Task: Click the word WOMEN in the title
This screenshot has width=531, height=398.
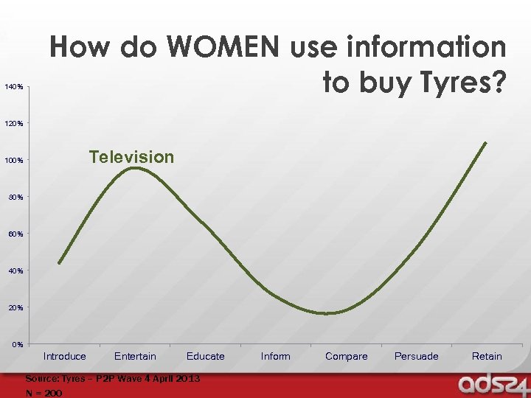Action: coord(223,48)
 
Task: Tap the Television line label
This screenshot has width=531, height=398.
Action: coord(131,157)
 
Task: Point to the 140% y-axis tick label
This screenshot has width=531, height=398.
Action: coord(15,88)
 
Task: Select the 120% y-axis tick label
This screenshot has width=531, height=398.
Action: coord(15,124)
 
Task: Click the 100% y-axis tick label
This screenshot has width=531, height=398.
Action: coord(15,161)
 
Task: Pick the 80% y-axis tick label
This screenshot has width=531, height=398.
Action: coord(16,198)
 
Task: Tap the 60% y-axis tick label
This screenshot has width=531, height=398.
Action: coord(16,234)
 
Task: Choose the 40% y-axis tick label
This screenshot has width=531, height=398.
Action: coord(16,271)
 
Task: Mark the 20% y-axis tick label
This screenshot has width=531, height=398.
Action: coord(16,307)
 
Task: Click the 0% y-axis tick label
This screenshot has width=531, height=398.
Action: coord(18,344)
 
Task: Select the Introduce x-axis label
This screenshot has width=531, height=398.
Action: coord(65,357)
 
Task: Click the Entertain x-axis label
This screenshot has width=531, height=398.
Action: coord(135,357)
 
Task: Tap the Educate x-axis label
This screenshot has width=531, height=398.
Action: coord(206,357)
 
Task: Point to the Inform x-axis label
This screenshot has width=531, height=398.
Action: coord(276,357)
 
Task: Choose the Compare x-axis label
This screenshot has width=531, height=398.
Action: coord(346,357)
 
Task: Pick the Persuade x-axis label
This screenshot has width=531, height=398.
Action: coord(417,357)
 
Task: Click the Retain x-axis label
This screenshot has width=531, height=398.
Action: coord(487,357)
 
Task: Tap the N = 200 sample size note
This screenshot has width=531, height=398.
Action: coord(44,393)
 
